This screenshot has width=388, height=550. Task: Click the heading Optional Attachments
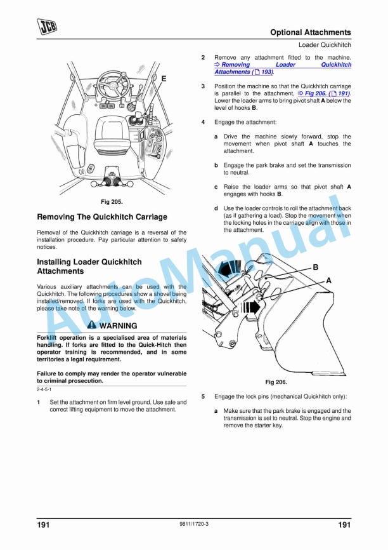[310, 32]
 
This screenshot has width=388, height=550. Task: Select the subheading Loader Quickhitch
[325, 45]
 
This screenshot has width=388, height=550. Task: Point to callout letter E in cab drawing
[164, 78]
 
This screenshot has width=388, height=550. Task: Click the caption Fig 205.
[112, 201]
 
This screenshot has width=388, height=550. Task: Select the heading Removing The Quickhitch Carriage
[102, 217]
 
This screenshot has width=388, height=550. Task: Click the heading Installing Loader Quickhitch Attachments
[89, 267]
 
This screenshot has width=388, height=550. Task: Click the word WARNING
[118, 326]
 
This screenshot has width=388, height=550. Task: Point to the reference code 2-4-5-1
[44, 389]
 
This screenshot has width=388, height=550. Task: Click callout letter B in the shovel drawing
[315, 267]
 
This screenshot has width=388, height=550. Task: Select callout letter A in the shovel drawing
[328, 280]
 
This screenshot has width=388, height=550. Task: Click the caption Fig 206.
[276, 382]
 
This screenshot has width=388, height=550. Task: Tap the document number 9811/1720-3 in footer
[194, 524]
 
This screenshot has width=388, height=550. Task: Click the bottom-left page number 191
[43, 525]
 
